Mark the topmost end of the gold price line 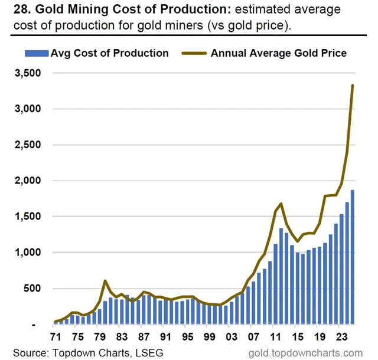353,86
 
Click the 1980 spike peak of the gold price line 105,281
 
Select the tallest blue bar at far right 353,257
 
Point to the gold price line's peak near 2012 281,204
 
